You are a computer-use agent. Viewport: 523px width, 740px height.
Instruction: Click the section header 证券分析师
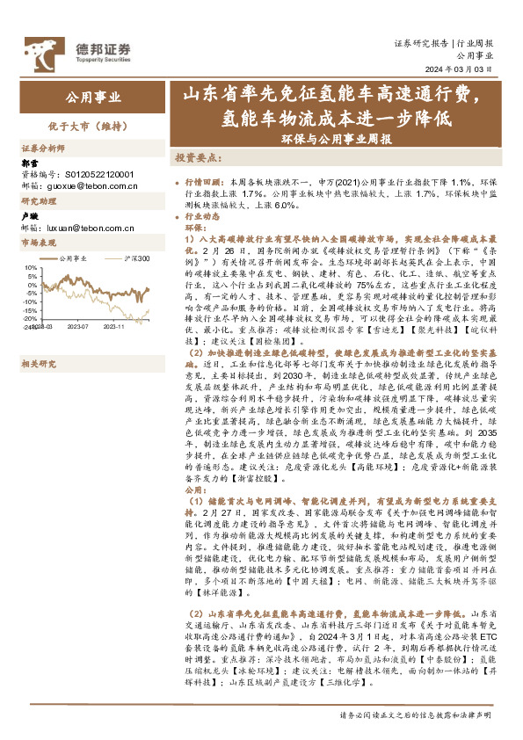tap(42, 148)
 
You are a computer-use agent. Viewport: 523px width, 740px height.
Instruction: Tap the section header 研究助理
tap(39, 201)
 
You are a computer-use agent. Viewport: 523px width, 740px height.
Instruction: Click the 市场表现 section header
tap(39, 242)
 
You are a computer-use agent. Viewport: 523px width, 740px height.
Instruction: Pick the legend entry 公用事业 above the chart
tap(76, 258)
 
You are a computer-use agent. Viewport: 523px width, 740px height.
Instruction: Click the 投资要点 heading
tap(196, 157)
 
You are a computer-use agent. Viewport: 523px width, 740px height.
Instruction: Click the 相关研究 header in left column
tap(39, 337)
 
